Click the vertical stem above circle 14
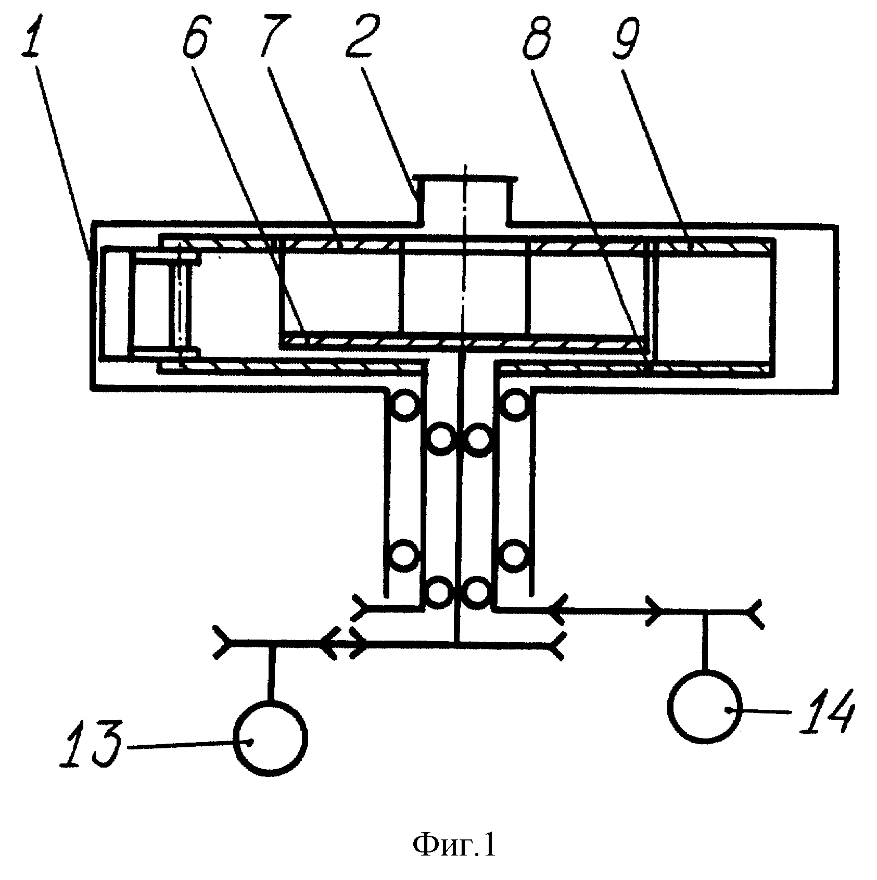(x=705, y=641)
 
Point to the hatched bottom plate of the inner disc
(x=465, y=340)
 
